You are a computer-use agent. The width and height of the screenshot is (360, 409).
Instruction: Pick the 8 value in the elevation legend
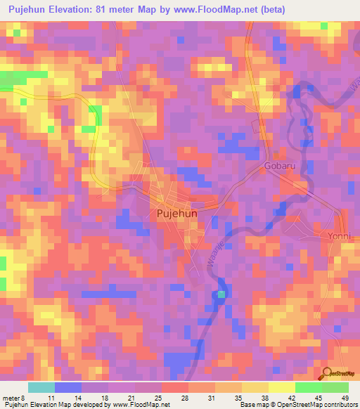coord(22,398)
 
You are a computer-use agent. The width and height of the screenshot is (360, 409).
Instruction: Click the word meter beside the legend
coord(11,398)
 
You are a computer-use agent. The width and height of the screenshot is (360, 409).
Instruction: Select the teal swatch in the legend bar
coord(41,387)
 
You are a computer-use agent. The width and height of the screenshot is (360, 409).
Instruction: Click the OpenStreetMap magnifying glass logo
coord(326,372)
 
